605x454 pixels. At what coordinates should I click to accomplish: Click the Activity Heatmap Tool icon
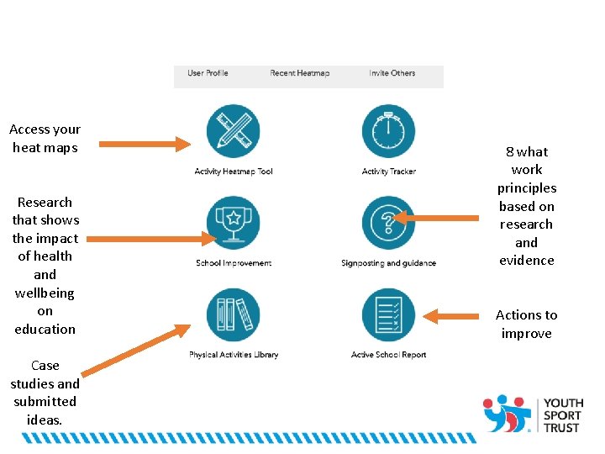tap(233, 131)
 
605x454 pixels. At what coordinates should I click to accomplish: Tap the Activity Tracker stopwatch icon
tap(388, 131)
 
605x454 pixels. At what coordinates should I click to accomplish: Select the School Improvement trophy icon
tap(233, 223)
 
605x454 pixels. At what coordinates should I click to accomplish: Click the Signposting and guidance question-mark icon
tap(388, 223)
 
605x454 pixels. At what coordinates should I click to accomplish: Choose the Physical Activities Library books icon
tap(233, 315)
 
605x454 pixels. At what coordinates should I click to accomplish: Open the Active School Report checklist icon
tap(388, 315)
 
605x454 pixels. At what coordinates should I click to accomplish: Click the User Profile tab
tap(208, 73)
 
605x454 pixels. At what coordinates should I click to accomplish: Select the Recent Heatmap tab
tap(299, 73)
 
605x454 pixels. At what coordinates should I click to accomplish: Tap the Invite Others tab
tap(392, 73)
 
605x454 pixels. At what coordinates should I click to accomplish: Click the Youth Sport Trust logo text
tap(562, 415)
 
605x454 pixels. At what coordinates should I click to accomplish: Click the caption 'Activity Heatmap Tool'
tap(234, 172)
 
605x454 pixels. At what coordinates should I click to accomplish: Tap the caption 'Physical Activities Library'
tap(234, 355)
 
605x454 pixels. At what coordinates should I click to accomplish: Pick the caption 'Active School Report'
tap(389, 355)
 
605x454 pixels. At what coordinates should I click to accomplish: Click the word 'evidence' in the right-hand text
tap(527, 261)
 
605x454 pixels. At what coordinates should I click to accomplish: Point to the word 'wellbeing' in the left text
tap(45, 293)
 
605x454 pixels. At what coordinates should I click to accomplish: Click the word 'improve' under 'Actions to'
tap(527, 334)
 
